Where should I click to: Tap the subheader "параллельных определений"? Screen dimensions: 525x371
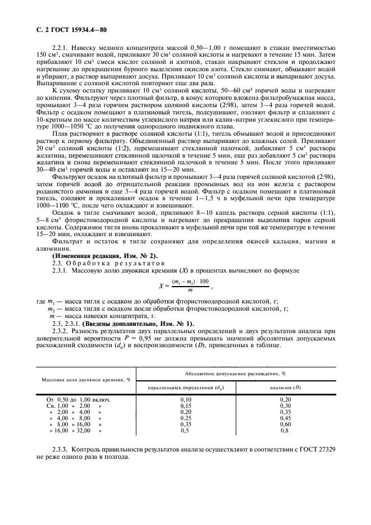coord(185,388)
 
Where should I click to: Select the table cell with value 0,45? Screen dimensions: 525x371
coord(285,418)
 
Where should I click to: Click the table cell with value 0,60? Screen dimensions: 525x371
coord(285,424)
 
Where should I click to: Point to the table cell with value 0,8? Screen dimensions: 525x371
coord(285,430)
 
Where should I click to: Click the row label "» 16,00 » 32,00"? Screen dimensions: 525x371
coord(75,430)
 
